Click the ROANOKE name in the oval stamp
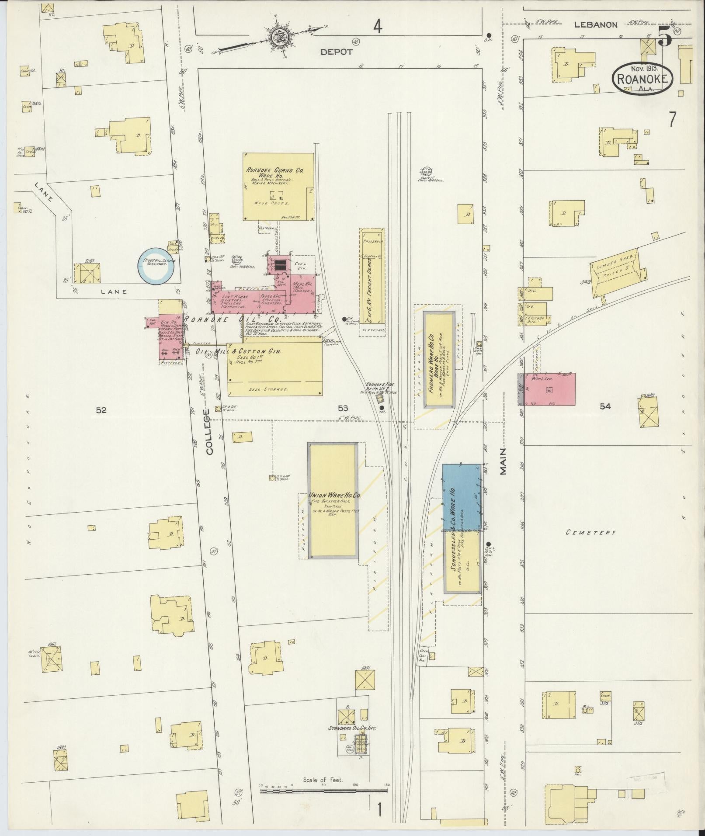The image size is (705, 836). [642, 79]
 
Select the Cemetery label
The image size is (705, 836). [591, 532]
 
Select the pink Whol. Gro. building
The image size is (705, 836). [550, 389]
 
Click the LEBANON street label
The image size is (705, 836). [595, 25]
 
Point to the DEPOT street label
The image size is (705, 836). [336, 52]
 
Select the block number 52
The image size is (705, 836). [101, 410]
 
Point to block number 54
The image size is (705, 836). [605, 406]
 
